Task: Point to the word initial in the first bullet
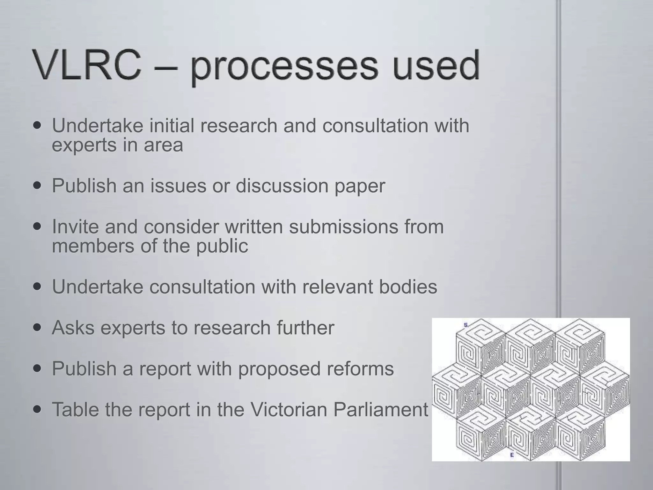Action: click(x=172, y=125)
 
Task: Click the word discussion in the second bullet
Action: click(x=282, y=185)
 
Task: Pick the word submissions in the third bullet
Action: click(x=343, y=226)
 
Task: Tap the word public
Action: click(x=222, y=246)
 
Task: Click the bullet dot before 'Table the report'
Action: click(x=38, y=409)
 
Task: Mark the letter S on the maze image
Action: click(x=466, y=325)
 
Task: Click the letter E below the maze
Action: click(x=512, y=455)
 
